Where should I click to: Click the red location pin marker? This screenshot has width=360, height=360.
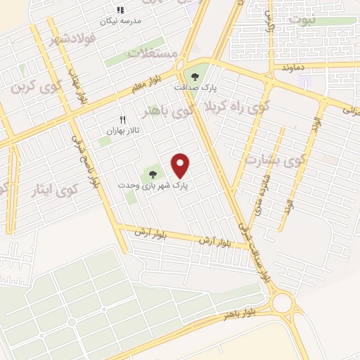click(181, 165)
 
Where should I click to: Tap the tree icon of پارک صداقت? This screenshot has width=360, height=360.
click(195, 77)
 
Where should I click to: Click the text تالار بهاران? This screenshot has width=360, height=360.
click(120, 131)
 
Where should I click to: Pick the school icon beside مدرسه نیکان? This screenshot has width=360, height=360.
click(120, 10)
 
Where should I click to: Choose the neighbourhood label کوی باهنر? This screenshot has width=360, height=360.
click(168, 110)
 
